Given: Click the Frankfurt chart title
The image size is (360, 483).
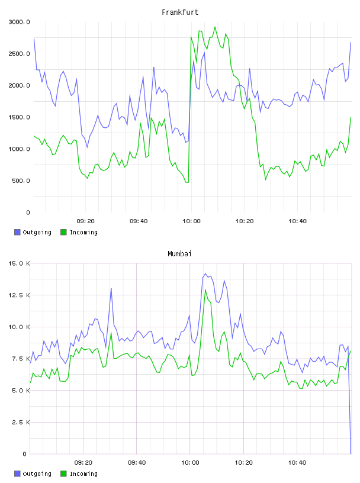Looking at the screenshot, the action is pos(180,12).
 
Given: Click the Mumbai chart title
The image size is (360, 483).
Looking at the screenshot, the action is pos(179,254).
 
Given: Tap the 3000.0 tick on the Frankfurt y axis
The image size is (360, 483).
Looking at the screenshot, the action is pos(20,22).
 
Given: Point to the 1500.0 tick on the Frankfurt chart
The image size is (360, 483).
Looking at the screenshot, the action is pos(20,117).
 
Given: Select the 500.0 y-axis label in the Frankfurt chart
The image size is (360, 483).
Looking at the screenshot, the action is pos(21,181).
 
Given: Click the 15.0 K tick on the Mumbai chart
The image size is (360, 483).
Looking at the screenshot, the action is pos(19,263).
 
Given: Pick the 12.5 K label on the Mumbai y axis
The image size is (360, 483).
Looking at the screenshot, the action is pos(19,295).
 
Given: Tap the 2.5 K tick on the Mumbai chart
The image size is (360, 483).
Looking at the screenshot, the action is pos(21,422).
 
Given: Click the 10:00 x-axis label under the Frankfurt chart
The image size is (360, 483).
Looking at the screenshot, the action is pos(191,221).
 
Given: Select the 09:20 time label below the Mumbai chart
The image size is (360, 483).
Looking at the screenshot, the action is pos(83,463).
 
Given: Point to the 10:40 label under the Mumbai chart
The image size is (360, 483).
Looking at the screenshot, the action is pos(297,463).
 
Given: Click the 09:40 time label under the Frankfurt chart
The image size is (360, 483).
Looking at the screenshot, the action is pos(139,221).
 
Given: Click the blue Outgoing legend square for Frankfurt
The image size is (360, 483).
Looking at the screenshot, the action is pos(17,232).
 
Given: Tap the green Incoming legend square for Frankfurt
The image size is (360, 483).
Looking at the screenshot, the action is pos(63,232).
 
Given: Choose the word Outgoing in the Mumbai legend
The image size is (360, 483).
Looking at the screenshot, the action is pos(37,474).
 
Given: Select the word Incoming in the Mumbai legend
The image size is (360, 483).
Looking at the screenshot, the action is pos(83,474).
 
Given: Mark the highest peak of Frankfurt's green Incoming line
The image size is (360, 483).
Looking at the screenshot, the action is pos(215,27).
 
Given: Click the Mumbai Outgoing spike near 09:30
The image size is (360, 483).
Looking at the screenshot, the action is pos(111,289).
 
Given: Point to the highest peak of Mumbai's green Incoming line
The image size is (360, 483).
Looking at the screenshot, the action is pos(205,289).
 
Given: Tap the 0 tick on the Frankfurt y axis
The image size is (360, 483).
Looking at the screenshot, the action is pos(28,212).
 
